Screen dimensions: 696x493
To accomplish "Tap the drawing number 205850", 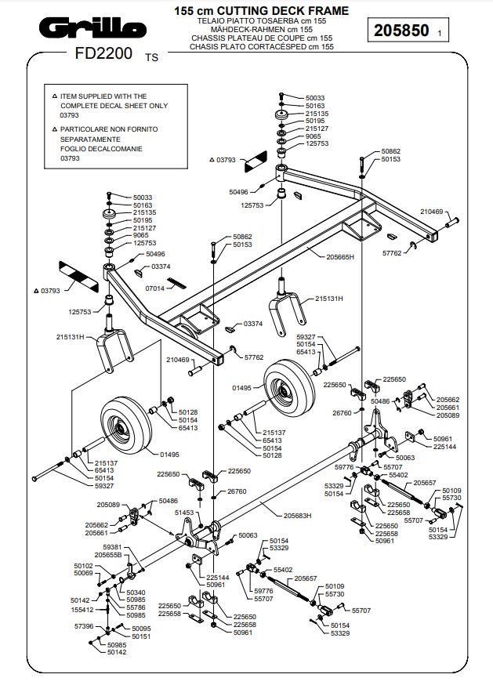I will point(401,31).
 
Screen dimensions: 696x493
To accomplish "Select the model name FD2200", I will point(103,56).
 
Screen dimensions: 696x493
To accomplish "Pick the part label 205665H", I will point(340,256).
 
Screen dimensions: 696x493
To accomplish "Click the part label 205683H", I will point(297,516).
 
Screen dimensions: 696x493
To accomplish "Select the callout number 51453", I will point(183,512).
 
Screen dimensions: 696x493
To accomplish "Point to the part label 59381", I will point(114,546).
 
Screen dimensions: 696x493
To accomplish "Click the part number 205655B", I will point(108,555).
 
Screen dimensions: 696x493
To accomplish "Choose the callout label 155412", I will point(82,609).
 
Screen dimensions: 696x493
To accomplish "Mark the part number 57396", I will point(84,626).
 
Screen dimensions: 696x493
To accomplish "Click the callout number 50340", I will point(136,592).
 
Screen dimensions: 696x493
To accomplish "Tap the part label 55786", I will point(136,607).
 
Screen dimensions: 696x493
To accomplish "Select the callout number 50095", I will point(141,629).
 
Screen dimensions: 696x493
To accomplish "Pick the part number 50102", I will point(83,566).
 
